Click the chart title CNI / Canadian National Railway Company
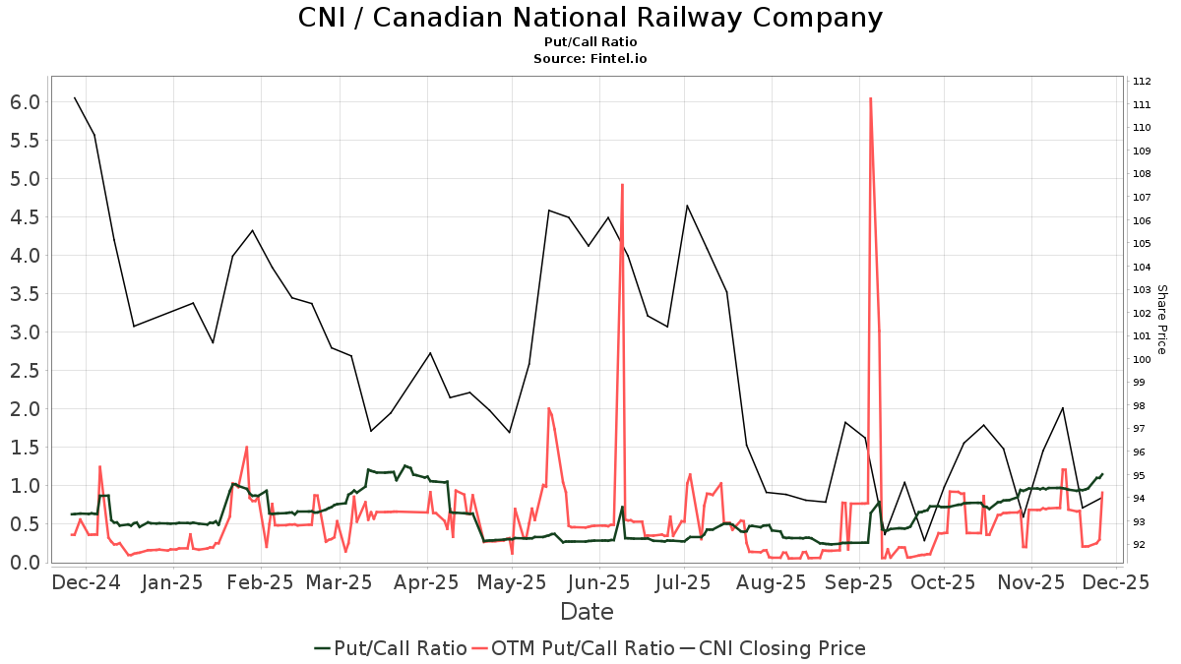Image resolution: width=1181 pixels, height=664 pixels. pos(590,18)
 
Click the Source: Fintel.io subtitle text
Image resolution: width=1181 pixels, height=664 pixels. pos(590,59)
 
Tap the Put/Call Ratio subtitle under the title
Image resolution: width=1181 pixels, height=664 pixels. pos(590,42)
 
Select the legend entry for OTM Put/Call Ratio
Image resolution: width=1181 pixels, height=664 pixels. pos(582,648)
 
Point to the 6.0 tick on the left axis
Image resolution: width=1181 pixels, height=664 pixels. pos(26,102)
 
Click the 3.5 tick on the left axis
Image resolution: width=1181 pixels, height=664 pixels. pos(26,332)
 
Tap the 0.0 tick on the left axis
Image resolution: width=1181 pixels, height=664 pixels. pos(26,563)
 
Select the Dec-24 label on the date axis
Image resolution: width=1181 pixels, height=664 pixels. pos(86,582)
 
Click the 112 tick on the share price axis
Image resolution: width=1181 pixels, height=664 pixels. pos(1143,82)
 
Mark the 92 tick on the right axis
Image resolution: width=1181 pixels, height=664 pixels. pos(1143,545)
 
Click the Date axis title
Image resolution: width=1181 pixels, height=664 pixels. pos(587,612)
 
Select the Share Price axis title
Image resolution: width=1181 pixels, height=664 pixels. pos(1161,320)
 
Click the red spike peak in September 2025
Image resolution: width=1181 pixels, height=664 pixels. pos(870,98)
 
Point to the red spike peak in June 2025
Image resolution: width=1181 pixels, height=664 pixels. pos(622,185)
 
